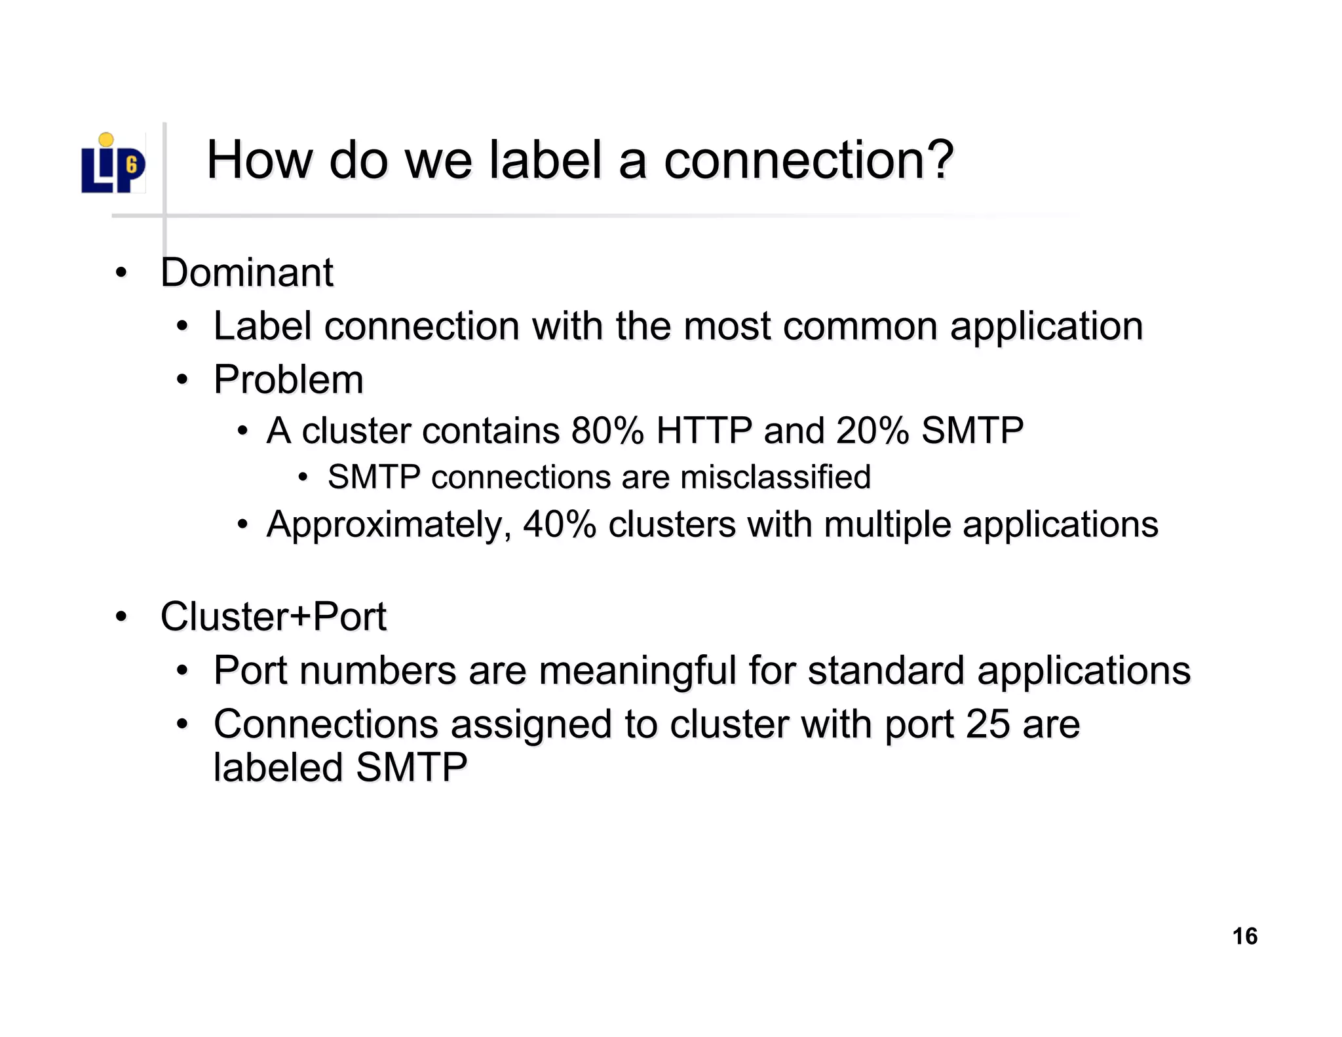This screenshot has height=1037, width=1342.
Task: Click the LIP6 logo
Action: pyautogui.click(x=113, y=164)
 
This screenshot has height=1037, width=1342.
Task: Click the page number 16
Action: pyautogui.click(x=1244, y=936)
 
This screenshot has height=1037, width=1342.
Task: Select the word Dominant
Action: pyautogui.click(x=247, y=273)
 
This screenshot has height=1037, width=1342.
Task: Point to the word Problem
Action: pyautogui.click(x=288, y=380)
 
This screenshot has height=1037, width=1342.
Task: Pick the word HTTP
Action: pyautogui.click(x=704, y=431)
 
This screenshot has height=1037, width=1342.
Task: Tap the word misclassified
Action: pyautogui.click(x=776, y=477)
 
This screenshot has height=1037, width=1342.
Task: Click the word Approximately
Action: pyautogui.click(x=389, y=525)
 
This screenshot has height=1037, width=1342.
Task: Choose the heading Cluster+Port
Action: pyautogui.click(x=273, y=617)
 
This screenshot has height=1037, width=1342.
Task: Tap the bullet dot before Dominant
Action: pyautogui.click(x=121, y=273)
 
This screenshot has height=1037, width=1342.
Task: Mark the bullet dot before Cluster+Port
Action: pyautogui.click(x=121, y=617)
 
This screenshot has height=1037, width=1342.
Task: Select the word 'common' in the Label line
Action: pyautogui.click(x=860, y=326)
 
